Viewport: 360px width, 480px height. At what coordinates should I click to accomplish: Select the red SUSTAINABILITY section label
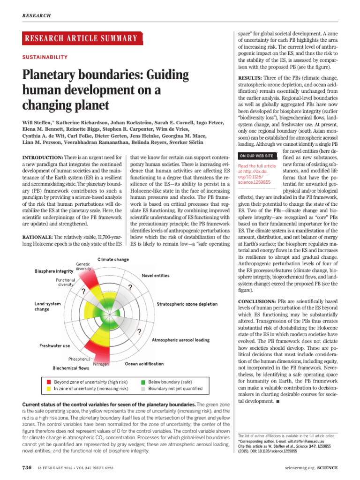click(x=45, y=57)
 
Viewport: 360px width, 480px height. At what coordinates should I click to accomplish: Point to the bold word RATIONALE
click(x=37, y=238)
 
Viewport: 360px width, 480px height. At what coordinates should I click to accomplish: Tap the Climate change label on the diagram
click(x=113, y=259)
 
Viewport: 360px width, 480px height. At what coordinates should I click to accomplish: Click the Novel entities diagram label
click(x=155, y=276)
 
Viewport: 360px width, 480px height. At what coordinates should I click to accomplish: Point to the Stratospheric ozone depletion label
click(x=187, y=304)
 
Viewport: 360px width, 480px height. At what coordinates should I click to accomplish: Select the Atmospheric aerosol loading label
click(x=181, y=339)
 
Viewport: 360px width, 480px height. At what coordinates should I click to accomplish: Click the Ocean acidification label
click(x=144, y=363)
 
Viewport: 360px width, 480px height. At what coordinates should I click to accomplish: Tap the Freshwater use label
click(x=54, y=346)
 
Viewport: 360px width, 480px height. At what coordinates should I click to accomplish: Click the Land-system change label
click(x=47, y=307)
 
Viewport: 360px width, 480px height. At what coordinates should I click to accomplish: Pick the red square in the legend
click(x=49, y=382)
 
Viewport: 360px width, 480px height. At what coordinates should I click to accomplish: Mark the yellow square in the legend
click(x=49, y=389)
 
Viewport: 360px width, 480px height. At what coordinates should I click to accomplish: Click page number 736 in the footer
click(x=27, y=468)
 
